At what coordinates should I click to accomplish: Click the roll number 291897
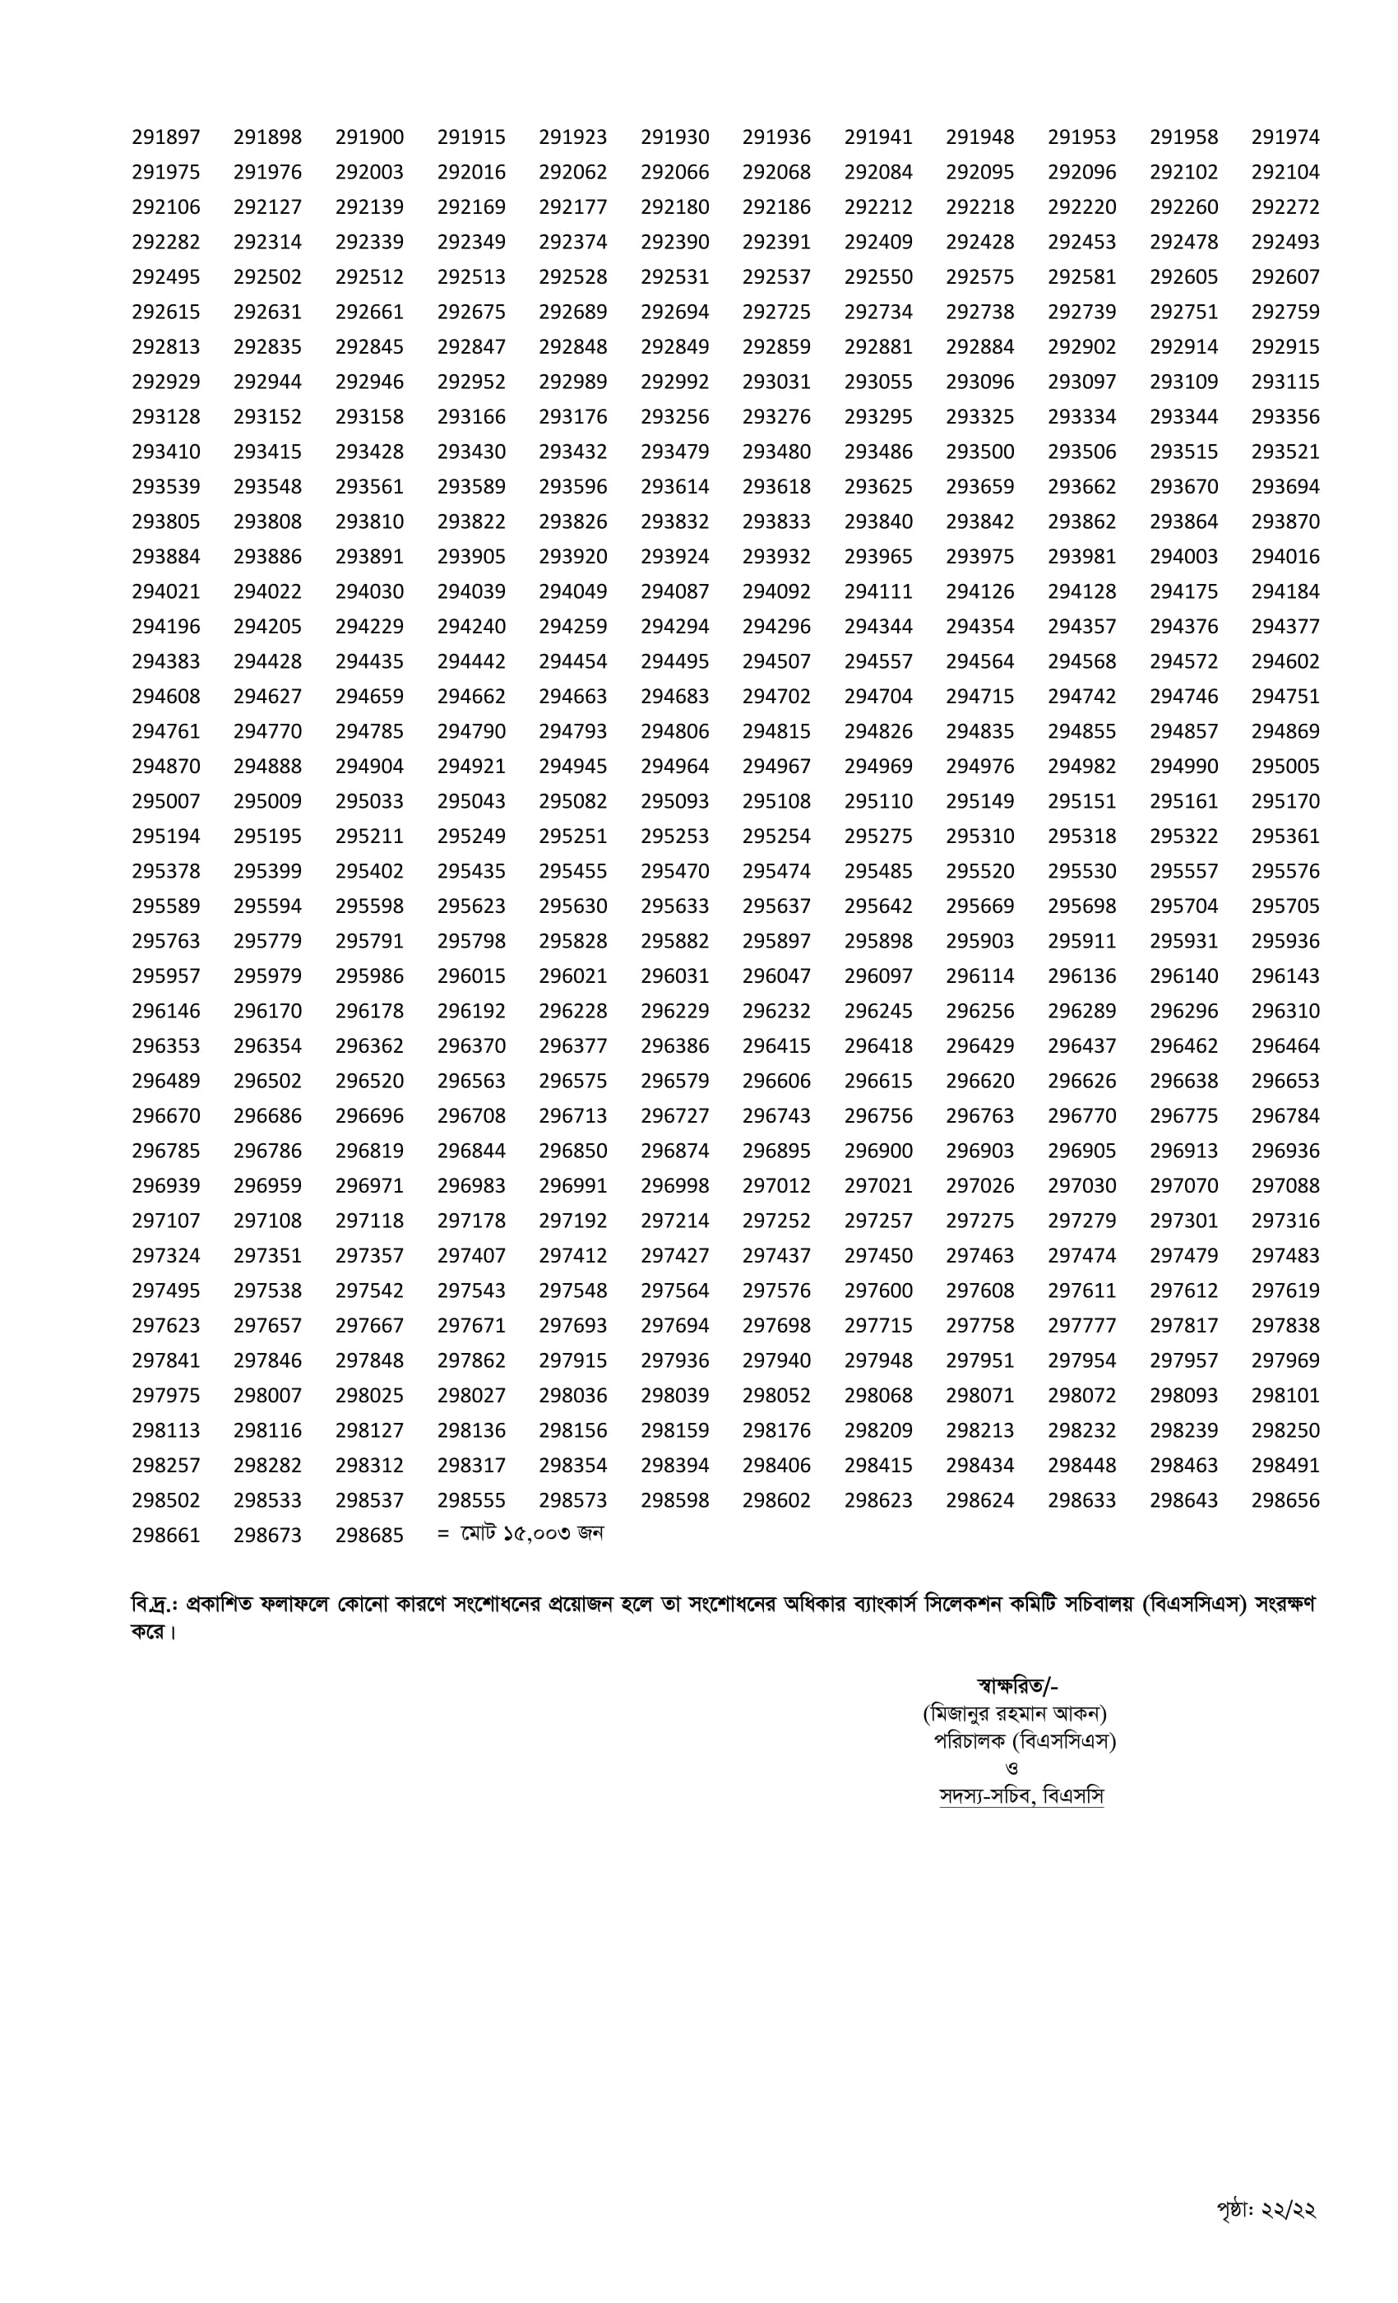click(x=165, y=137)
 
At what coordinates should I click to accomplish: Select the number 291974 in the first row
click(x=1285, y=137)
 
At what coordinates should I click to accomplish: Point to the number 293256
click(x=674, y=417)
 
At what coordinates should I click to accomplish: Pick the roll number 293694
click(x=1285, y=487)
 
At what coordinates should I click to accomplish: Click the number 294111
click(x=877, y=591)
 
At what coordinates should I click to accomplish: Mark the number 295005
click(x=1285, y=767)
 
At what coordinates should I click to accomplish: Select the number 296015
click(x=471, y=975)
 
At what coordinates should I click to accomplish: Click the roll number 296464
click(x=1285, y=1046)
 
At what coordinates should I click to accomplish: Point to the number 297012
click(x=775, y=1186)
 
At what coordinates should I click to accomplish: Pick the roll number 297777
click(x=1081, y=1325)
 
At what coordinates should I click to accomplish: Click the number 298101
click(x=1285, y=1396)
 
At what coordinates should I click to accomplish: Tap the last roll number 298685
click(x=369, y=1536)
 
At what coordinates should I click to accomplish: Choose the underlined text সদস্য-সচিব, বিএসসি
click(x=1021, y=1796)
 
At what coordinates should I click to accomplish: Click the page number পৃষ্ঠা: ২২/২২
click(x=1266, y=2209)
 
